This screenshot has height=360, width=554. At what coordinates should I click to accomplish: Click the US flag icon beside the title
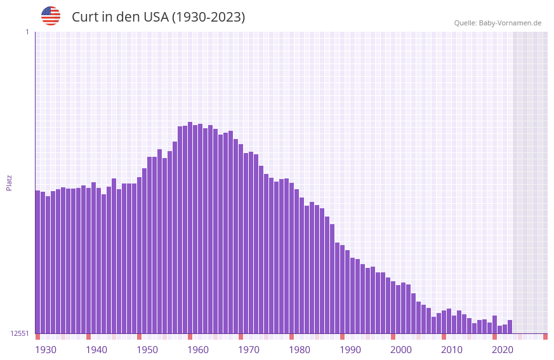click(x=51, y=16)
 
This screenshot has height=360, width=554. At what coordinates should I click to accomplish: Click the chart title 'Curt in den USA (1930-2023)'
click(x=158, y=17)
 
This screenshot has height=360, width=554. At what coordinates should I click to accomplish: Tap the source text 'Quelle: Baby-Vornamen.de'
click(x=498, y=23)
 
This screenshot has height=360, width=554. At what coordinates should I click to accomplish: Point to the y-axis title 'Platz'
click(x=9, y=182)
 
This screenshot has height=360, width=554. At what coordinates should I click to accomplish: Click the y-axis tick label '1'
click(x=27, y=32)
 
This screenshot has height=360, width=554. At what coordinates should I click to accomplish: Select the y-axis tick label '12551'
click(x=20, y=333)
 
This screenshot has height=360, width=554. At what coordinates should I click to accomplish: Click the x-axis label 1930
click(x=46, y=350)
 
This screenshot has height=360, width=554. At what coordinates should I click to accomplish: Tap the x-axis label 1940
click(x=96, y=350)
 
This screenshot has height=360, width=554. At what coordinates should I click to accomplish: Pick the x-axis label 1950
click(x=147, y=350)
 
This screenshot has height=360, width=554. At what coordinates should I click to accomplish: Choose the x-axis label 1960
click(x=198, y=350)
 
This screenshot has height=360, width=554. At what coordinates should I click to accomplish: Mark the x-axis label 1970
click(x=249, y=350)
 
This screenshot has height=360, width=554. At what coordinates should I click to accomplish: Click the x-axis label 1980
click(x=300, y=350)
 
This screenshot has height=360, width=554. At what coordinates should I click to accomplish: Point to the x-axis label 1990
click(x=350, y=350)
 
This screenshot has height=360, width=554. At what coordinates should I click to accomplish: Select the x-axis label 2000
click(x=401, y=350)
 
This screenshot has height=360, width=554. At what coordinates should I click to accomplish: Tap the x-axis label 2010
click(x=452, y=350)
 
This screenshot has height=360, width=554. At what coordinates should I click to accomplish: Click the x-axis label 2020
click(x=503, y=350)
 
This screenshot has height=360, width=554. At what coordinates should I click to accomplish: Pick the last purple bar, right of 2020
click(x=510, y=326)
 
